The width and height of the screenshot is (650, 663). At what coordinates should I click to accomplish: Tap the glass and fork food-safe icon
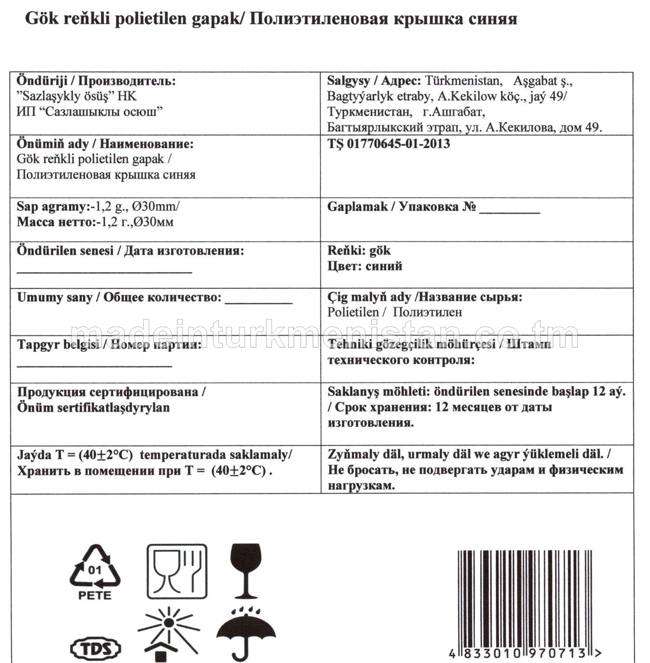(x=177, y=571)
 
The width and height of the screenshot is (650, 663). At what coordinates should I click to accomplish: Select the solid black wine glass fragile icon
(x=246, y=570)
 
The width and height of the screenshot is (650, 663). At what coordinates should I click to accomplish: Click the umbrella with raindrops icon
(x=246, y=633)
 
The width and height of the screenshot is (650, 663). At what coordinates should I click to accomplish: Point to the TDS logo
(x=96, y=648)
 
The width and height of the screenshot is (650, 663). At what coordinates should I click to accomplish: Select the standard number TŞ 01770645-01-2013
(x=389, y=144)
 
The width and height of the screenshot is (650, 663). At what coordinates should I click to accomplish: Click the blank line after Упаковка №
(x=509, y=211)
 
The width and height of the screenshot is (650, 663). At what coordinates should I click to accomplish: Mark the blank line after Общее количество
(x=258, y=303)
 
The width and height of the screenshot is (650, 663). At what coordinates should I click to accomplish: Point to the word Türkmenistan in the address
(x=463, y=81)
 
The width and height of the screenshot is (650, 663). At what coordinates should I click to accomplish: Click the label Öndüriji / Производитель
(x=96, y=81)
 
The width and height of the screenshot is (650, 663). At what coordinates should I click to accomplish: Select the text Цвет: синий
(x=364, y=266)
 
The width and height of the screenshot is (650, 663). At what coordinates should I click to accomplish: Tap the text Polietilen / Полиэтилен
(x=394, y=312)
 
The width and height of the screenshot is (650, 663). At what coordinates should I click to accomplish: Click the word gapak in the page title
(x=217, y=19)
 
